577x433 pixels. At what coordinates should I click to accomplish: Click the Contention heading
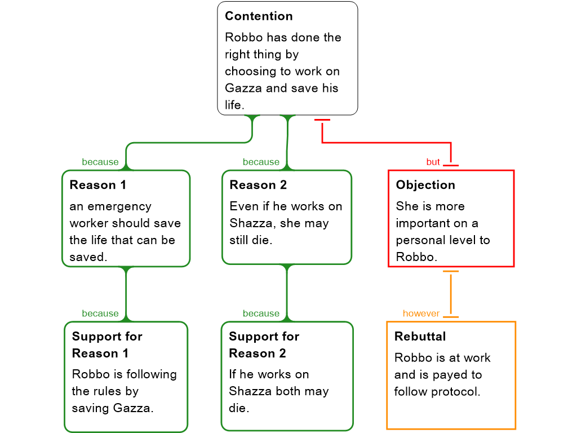(x=259, y=16)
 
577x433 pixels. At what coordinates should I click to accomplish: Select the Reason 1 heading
(x=98, y=185)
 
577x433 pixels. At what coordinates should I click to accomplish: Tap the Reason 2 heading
(x=258, y=185)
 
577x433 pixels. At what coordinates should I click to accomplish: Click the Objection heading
(x=425, y=185)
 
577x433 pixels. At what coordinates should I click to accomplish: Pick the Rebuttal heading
(x=420, y=337)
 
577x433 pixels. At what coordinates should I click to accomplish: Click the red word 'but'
(x=433, y=162)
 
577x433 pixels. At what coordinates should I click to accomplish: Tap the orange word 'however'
(x=421, y=313)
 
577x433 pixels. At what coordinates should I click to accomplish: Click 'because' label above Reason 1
(x=100, y=162)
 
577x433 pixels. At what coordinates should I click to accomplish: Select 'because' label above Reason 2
(x=261, y=162)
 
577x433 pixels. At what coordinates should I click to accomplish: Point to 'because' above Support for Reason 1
(x=100, y=313)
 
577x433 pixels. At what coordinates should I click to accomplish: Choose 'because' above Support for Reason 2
(x=261, y=313)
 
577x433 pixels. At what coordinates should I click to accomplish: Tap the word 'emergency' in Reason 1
(x=110, y=206)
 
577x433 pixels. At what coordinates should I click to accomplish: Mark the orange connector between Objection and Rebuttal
(x=451, y=293)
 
